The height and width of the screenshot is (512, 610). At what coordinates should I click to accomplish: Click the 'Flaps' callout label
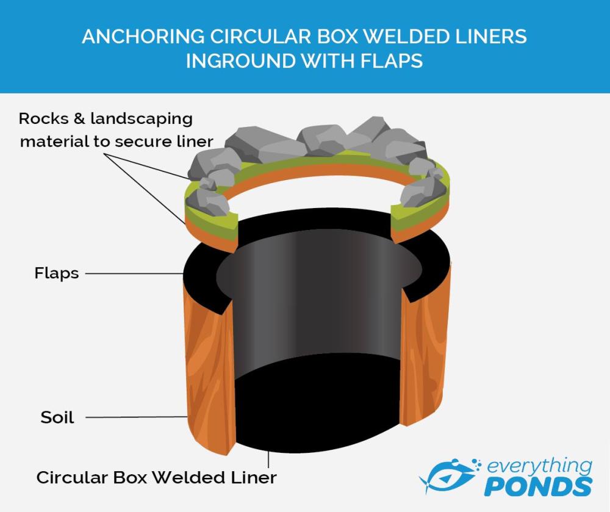click(x=56, y=273)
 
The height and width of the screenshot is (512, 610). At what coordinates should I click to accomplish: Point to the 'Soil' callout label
click(x=57, y=418)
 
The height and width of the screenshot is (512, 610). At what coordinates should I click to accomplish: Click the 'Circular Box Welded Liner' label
click(x=156, y=477)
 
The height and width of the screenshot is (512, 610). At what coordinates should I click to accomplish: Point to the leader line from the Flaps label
click(x=134, y=273)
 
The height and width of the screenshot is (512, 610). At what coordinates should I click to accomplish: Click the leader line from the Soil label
click(x=134, y=417)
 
